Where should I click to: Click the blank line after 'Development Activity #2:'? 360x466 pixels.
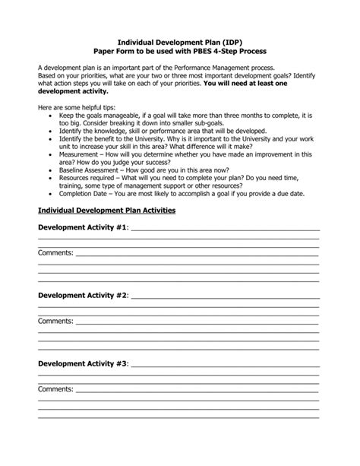point(225,295)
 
